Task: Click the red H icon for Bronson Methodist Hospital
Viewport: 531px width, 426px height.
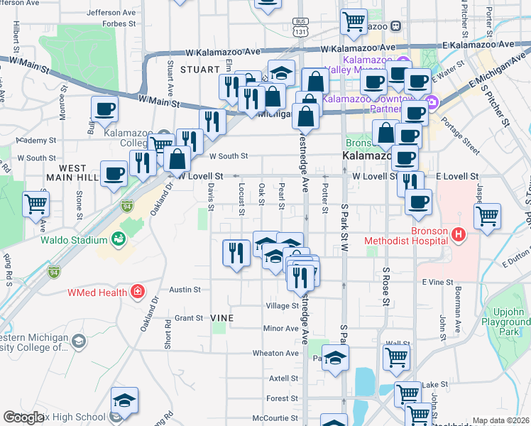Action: tap(459, 234)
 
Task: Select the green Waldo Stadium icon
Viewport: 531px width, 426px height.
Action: tap(119, 239)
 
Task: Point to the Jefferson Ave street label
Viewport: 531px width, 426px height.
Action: tap(111, 12)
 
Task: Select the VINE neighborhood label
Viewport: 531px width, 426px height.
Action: tap(223, 318)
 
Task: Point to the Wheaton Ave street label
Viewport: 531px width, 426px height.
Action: tap(277, 353)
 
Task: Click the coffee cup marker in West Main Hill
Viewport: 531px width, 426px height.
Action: tap(114, 173)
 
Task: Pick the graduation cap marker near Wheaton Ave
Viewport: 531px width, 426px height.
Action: tap(336, 356)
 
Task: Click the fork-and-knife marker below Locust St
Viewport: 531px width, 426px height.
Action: tap(236, 253)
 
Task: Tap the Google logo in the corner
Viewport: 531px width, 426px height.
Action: tap(23, 417)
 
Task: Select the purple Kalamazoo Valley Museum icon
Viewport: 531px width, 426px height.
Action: tap(403, 60)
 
